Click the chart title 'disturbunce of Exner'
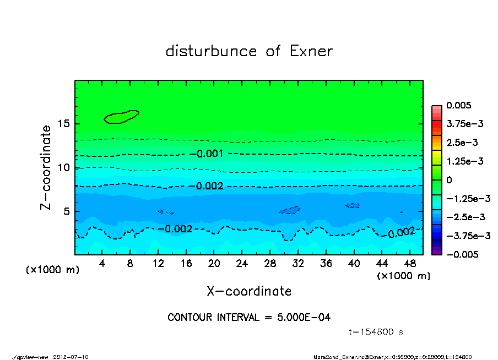click(249, 52)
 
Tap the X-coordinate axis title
click(249, 291)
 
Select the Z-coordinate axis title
click(46, 167)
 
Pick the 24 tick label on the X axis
click(242, 264)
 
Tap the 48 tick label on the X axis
click(409, 264)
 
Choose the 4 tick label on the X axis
click(102, 264)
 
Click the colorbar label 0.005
click(458, 105)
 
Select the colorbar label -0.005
click(462, 254)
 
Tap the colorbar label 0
click(448, 180)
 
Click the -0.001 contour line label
click(210, 154)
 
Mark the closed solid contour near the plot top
click(122, 116)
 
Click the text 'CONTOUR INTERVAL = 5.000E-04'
click(249, 318)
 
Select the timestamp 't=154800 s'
click(377, 332)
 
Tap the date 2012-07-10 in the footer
click(71, 357)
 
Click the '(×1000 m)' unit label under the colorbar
click(403, 276)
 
